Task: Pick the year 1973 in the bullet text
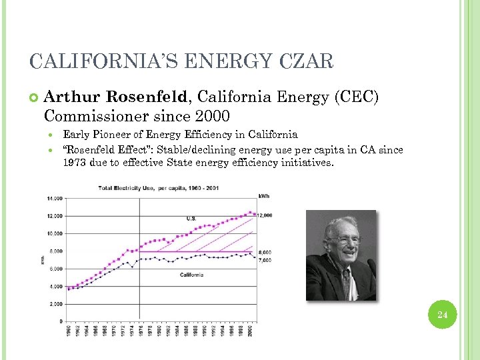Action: [x=75, y=161]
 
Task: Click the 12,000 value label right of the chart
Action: [x=265, y=215]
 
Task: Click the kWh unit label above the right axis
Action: [x=264, y=195]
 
